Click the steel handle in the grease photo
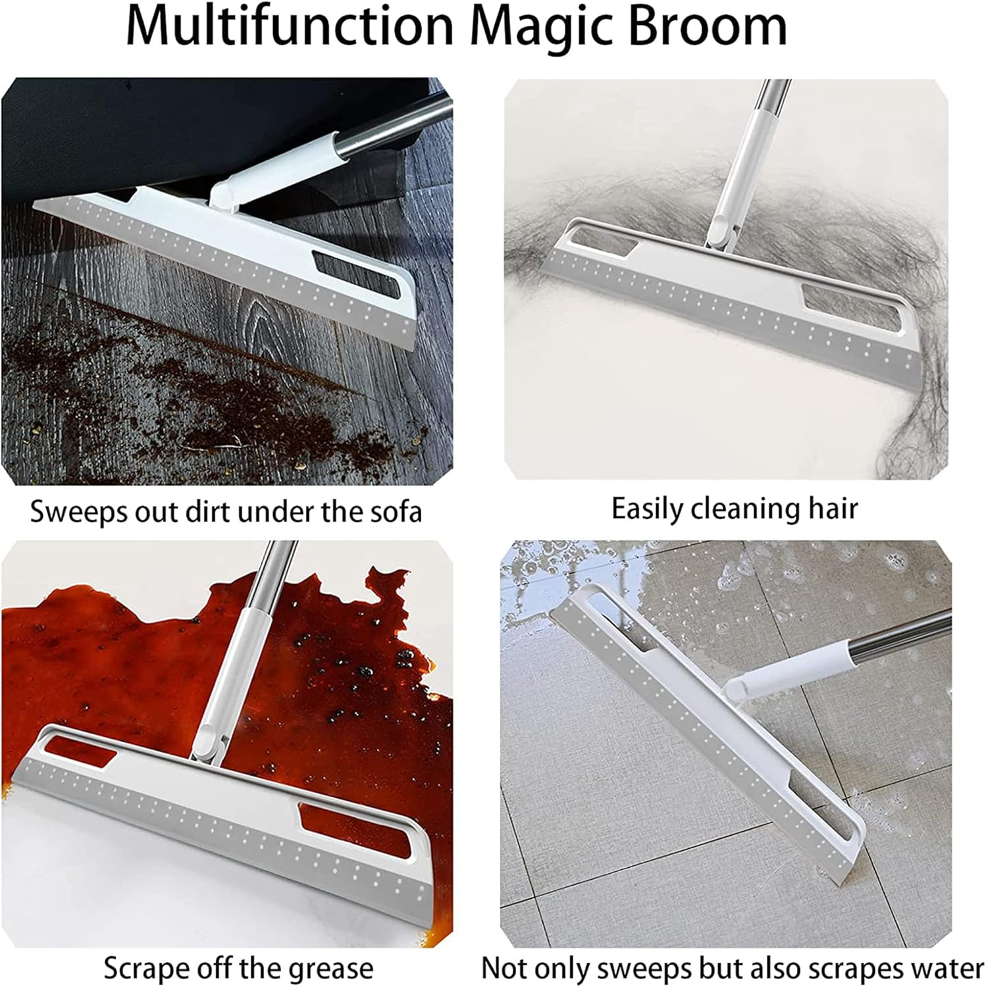point(270,572)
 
